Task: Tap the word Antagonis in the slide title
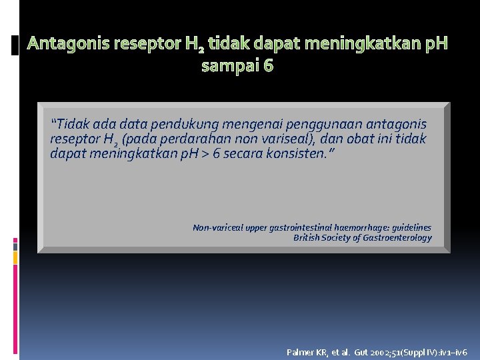pos(68,44)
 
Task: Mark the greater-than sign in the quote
pos(200,154)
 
